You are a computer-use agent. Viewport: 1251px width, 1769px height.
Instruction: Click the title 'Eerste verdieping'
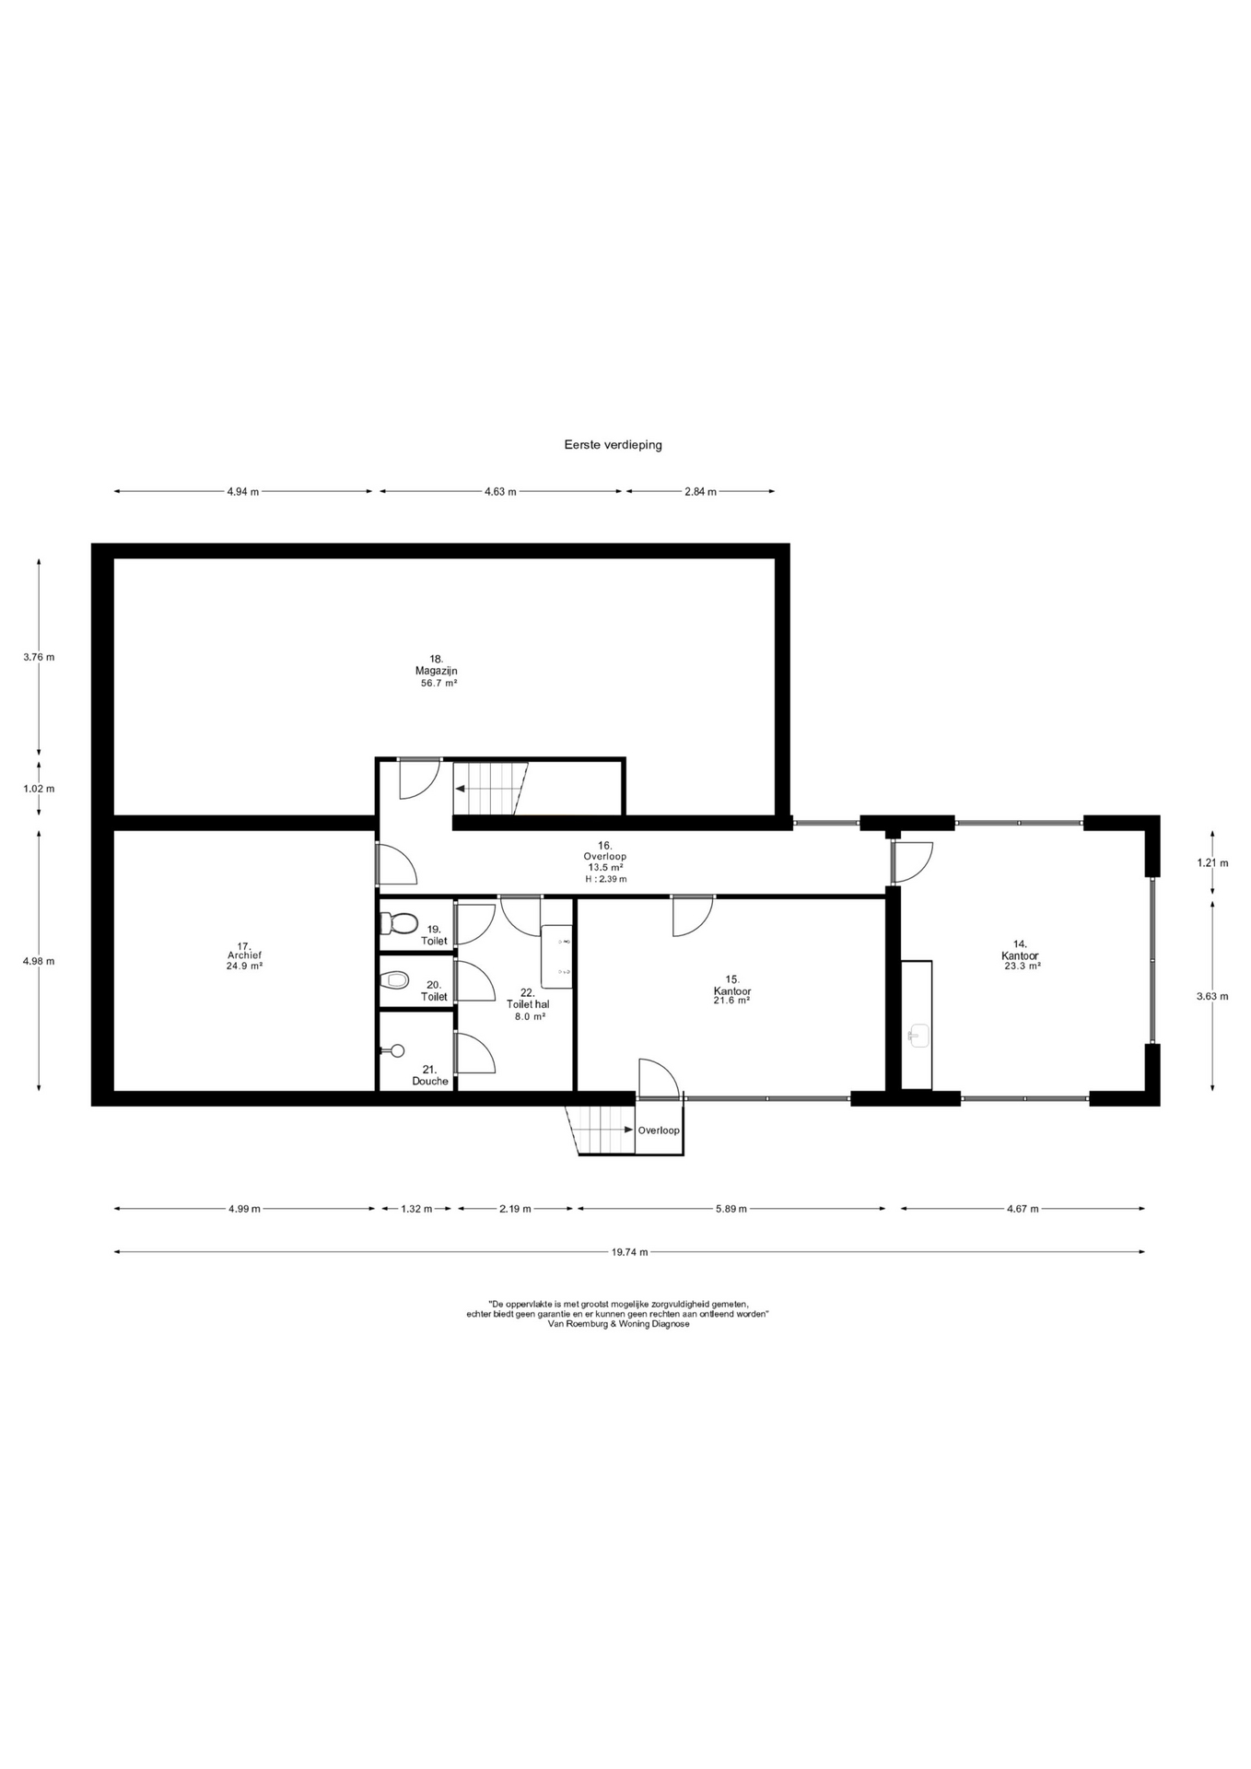point(613,445)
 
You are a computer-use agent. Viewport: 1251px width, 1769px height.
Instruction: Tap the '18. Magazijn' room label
point(436,665)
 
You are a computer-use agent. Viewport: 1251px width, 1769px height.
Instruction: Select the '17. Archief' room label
point(245,951)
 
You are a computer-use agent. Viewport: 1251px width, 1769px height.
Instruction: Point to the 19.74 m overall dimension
point(629,1252)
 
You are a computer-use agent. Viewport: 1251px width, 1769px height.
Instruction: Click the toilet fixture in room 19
point(399,922)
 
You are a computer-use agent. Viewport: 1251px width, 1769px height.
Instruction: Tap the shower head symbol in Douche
point(393,1050)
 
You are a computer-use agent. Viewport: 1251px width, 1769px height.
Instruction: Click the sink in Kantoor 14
point(917,1035)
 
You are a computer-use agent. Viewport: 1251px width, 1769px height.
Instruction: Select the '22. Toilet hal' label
point(528,999)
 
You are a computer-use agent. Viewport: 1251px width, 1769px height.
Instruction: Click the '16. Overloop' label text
point(604,850)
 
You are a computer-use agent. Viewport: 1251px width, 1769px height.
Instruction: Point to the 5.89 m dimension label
point(731,1209)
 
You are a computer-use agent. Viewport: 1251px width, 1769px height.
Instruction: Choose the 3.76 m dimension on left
point(39,657)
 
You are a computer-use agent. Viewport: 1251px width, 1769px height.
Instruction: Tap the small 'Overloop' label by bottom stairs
point(659,1131)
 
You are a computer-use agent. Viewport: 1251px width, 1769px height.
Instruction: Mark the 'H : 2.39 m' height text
point(605,879)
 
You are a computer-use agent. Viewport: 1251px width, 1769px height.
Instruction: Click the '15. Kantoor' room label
point(732,986)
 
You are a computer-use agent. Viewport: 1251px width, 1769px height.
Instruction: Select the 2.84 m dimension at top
point(700,492)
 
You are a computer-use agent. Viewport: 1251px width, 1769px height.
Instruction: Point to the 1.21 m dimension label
point(1212,863)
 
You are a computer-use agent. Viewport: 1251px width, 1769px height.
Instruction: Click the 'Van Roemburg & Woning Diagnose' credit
point(618,1324)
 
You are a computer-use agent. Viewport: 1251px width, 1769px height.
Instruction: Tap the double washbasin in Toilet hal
point(557,956)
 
